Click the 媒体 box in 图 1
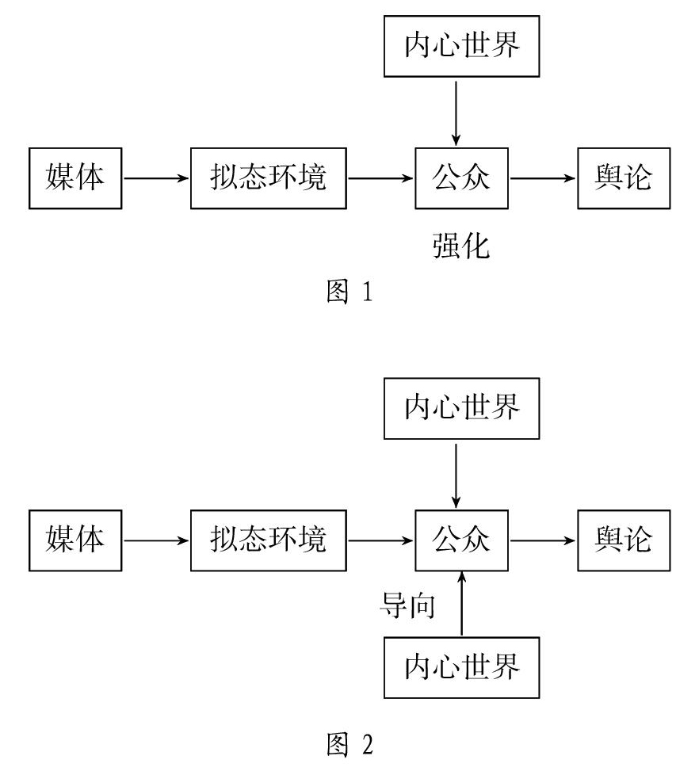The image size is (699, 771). [x=75, y=178]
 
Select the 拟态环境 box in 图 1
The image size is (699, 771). [x=269, y=178]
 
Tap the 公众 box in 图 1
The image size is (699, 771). [x=461, y=178]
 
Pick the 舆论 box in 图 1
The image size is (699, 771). [x=624, y=178]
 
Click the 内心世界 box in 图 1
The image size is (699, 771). [x=461, y=46]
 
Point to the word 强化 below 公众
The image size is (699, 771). [x=461, y=246]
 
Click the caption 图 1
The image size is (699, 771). [x=349, y=291]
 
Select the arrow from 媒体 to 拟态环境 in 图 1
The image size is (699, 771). [x=156, y=178]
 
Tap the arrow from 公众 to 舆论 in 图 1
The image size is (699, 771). [x=543, y=178]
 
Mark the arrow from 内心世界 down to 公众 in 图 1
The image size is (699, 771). [x=456, y=113]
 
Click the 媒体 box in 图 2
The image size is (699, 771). [x=75, y=540]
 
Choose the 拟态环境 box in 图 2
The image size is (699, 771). [x=269, y=540]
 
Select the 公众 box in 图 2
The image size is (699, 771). [x=461, y=540]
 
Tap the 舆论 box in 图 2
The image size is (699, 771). [x=624, y=540]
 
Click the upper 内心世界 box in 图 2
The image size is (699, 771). [x=461, y=409]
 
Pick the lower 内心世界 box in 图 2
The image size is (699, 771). [x=461, y=668]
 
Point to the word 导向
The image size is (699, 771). [x=408, y=605]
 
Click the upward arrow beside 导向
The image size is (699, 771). [x=461, y=604]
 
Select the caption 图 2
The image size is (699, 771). [x=349, y=744]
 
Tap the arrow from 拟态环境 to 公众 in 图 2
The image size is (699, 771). [x=380, y=540]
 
